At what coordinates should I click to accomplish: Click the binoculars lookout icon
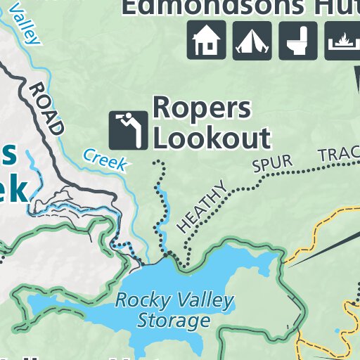point(129,130)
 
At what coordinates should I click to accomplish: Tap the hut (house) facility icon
point(206,40)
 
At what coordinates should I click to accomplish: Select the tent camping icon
point(252,40)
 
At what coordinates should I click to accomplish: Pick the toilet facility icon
point(298,40)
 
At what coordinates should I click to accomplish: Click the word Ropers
point(201,108)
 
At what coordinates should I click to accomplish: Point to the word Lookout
point(212,139)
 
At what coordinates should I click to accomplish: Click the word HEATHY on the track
point(203,205)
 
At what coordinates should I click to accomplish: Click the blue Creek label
point(105,160)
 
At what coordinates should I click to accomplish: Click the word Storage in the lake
point(173,321)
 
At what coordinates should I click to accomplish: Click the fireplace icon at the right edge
point(343,40)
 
